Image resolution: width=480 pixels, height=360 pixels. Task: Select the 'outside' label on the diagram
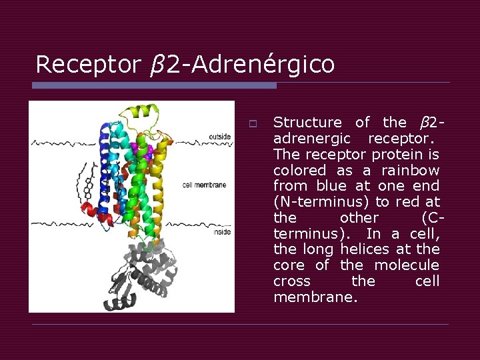(x=219, y=137)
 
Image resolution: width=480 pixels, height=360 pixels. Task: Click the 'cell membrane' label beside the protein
(x=204, y=185)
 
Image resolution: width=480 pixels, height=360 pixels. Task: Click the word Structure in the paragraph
(x=307, y=123)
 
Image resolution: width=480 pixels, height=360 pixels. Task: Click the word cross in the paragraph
(x=292, y=281)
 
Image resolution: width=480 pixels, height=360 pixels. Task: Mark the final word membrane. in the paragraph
(x=315, y=297)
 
